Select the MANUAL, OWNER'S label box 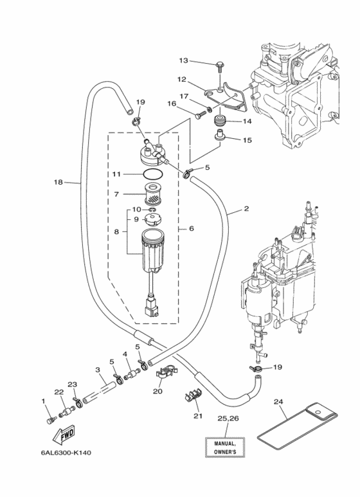(x=225, y=447)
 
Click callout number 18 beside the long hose (x=59, y=182)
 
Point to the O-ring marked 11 (x=153, y=174)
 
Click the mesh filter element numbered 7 (x=154, y=194)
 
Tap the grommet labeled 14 (x=220, y=121)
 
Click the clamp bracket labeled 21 (x=194, y=395)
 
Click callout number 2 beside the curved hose (x=246, y=208)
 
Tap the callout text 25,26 (x=228, y=419)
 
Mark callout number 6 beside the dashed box (x=192, y=228)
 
